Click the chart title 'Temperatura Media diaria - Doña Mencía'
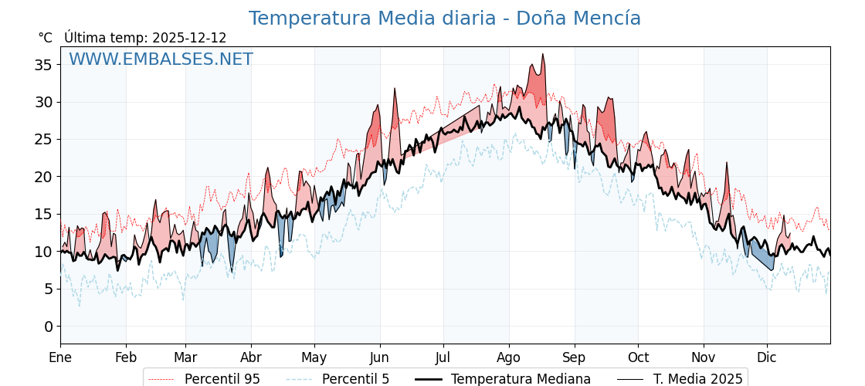tap(444, 19)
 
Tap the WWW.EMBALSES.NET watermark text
tap(161, 59)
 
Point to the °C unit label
tap(45, 38)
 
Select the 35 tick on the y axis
tap(43, 65)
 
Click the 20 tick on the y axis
tap(43, 177)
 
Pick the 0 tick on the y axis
tap(48, 327)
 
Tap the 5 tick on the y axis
tap(48, 289)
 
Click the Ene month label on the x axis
tap(60, 357)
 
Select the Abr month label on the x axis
tap(251, 357)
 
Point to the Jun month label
tap(379, 357)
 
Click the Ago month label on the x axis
tap(508, 357)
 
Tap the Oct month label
tap(638, 357)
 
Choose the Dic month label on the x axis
tap(767, 357)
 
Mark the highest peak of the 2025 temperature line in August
tap(543, 54)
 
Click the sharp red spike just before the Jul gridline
tap(395, 89)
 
